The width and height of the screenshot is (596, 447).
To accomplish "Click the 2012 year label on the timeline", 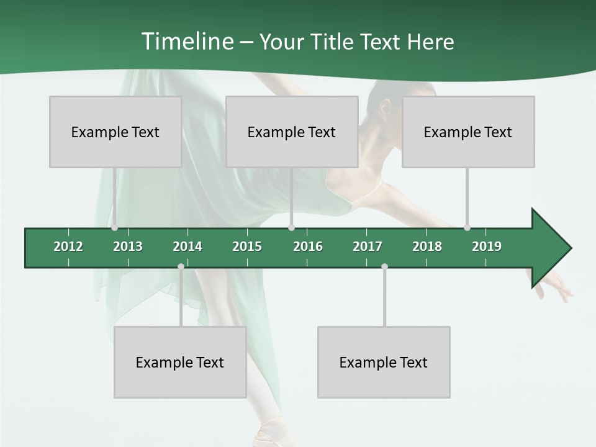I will (68, 246).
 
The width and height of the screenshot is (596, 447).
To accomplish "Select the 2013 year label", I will (128, 246).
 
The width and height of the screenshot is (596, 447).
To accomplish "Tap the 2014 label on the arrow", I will (187, 246).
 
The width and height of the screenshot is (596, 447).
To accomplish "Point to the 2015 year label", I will (247, 246).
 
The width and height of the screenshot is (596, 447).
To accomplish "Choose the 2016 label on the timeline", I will (308, 246).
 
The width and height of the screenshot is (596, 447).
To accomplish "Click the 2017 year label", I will (368, 246).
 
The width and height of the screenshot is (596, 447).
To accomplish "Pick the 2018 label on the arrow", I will (427, 246).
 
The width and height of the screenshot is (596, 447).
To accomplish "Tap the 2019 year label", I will (487, 246).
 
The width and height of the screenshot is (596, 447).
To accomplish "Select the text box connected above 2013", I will (115, 132).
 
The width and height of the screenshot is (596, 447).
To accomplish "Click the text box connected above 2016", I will (292, 132).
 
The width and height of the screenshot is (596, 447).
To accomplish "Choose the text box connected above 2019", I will (468, 132).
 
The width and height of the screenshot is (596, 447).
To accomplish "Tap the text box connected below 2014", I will (180, 362).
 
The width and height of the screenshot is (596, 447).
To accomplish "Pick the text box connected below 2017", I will (384, 362).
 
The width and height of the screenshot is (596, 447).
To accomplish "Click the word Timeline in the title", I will (186, 42).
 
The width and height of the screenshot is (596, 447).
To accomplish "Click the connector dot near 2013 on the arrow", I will (114, 228).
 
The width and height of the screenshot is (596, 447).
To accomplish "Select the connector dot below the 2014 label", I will (181, 267).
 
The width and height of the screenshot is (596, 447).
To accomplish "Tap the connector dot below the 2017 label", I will (384, 267).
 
